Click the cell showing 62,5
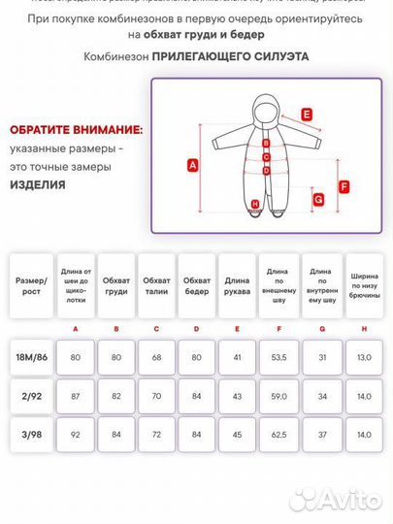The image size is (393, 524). point(279,434)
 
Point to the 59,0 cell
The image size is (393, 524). point(279,396)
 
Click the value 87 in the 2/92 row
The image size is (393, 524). point(76,396)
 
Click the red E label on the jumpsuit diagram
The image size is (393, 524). point(307,115)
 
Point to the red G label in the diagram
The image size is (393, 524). point(317,199)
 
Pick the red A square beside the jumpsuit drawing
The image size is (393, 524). point(192,165)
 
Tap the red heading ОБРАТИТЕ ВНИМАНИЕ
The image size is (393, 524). point(77,129)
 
